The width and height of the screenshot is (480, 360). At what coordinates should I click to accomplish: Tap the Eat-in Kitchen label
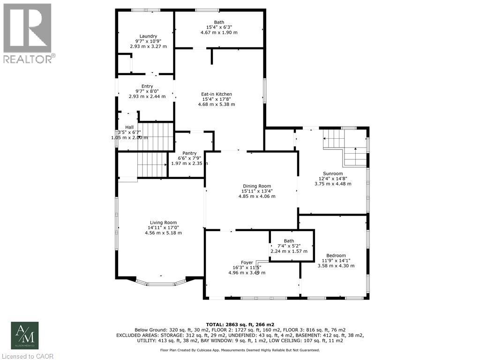[217, 94]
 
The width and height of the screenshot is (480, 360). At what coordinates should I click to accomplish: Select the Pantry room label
[189, 153]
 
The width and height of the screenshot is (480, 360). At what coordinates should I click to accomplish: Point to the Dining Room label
[256, 186]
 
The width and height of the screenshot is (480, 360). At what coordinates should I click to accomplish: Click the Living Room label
[163, 223]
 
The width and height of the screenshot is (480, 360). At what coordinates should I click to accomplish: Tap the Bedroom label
[336, 255]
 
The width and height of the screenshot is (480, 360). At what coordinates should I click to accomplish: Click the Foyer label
[247, 262]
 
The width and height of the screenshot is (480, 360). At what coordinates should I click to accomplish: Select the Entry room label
[147, 86]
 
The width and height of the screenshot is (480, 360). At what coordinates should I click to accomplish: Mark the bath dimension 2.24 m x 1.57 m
[289, 251]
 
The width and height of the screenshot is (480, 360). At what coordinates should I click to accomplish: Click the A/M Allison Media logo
[25, 335]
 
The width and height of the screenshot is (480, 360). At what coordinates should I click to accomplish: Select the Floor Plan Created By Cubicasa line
[240, 350]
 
